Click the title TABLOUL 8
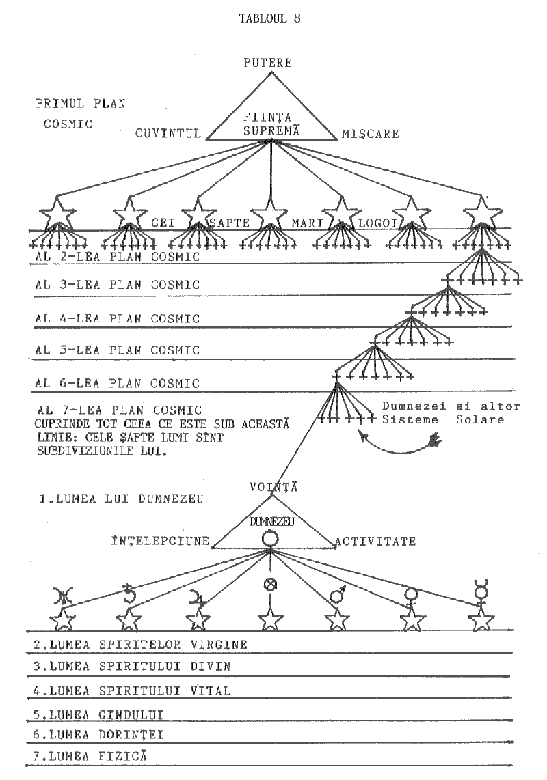(270, 18)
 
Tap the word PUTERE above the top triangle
(269, 64)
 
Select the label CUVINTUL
(168, 134)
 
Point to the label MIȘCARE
(370, 134)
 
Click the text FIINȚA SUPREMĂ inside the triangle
(271, 123)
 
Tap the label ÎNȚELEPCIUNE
(160, 542)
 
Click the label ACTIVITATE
(375, 542)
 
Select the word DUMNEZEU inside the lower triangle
(271, 521)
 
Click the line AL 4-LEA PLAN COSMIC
(117, 318)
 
